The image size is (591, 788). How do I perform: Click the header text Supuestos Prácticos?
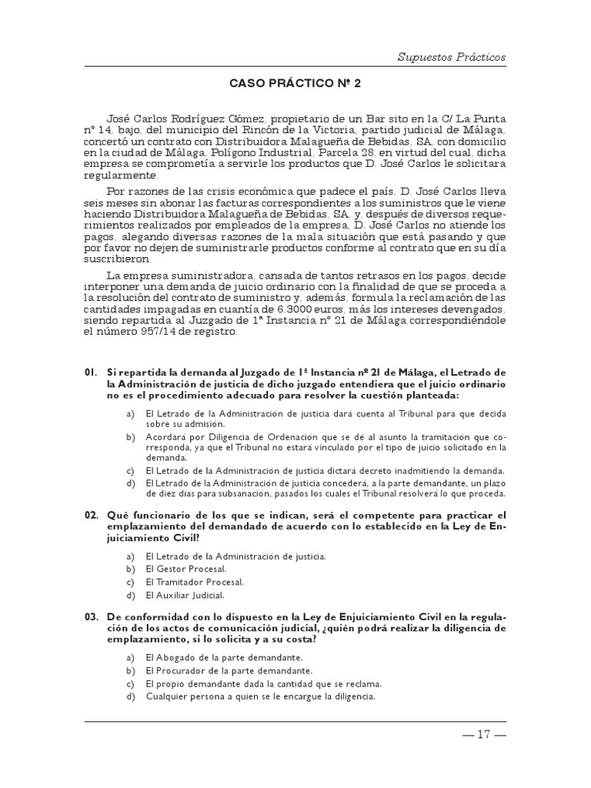click(x=452, y=56)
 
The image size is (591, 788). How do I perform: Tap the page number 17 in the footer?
click(x=483, y=733)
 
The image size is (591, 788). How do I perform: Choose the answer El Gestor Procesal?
click(x=185, y=569)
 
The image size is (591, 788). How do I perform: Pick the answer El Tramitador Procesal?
click(x=194, y=582)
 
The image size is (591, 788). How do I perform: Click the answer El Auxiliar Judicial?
click(x=185, y=595)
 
